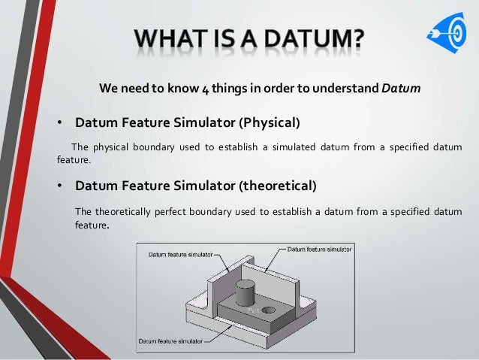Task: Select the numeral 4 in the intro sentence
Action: (x=204, y=88)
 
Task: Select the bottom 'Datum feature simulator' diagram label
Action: (x=168, y=340)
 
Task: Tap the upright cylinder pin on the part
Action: (x=246, y=292)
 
